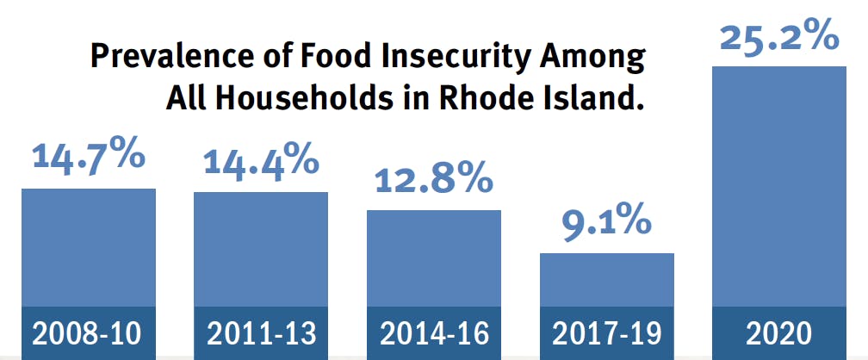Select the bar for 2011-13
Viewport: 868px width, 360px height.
point(261,249)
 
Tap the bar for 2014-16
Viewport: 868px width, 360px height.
point(434,258)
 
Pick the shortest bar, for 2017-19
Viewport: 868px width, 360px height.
point(606,280)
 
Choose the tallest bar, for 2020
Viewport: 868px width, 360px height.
point(779,185)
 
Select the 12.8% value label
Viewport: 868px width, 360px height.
point(434,178)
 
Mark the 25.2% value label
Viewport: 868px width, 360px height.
point(778,37)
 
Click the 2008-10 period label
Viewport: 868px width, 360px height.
point(89,333)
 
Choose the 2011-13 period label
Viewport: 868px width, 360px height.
point(261,333)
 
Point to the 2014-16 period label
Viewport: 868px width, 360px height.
point(434,333)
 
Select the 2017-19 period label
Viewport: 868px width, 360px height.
point(606,333)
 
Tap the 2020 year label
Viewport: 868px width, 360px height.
point(779,333)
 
